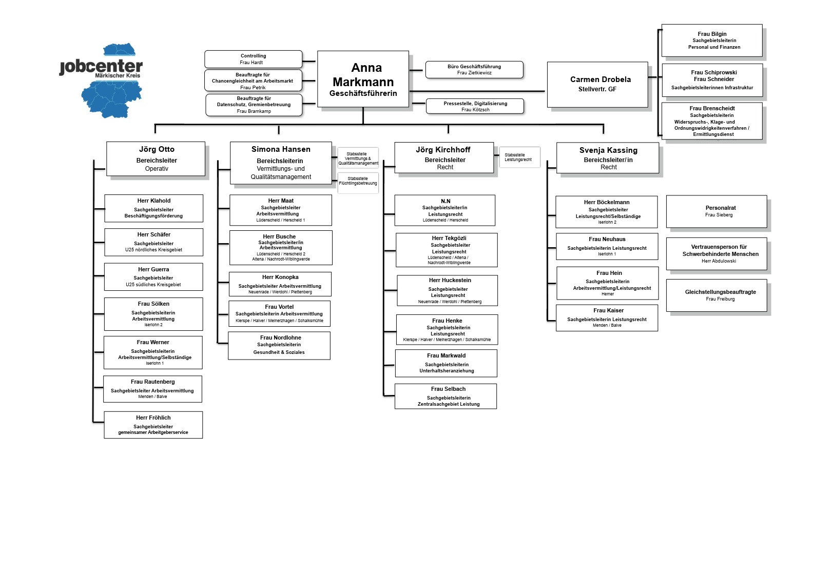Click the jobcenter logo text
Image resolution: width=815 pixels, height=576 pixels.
click(x=101, y=67)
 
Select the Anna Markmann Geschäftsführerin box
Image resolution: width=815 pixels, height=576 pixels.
click(x=363, y=79)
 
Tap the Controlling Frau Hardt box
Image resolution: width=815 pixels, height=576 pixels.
click(x=253, y=59)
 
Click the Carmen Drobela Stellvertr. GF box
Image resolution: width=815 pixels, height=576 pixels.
click(x=597, y=84)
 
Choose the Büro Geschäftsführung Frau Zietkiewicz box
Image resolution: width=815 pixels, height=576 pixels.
click(x=474, y=70)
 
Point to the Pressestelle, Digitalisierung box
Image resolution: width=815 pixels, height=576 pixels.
click(x=475, y=106)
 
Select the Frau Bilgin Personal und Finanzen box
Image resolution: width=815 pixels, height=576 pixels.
click(x=711, y=41)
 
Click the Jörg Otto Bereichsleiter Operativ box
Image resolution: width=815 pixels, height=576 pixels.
click(x=156, y=158)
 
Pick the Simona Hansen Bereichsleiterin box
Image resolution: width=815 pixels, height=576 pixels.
click(x=280, y=163)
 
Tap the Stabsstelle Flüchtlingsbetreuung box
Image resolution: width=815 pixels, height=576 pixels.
click(x=358, y=183)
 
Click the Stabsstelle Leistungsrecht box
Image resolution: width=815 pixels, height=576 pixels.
click(x=519, y=157)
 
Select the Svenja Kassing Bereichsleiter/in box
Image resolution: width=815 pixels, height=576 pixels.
click(x=608, y=158)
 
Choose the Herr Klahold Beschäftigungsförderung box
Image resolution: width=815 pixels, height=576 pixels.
click(x=153, y=208)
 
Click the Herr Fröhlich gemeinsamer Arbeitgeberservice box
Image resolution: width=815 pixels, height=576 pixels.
click(x=153, y=425)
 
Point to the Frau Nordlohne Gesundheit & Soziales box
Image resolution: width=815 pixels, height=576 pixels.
click(x=279, y=345)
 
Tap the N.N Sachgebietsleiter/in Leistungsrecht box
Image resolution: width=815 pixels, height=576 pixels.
click(x=444, y=210)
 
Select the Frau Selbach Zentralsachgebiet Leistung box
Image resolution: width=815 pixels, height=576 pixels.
click(x=445, y=396)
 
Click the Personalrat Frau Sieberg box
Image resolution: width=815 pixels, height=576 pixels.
click(x=716, y=211)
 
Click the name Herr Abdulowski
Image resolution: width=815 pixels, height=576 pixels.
click(x=719, y=261)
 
